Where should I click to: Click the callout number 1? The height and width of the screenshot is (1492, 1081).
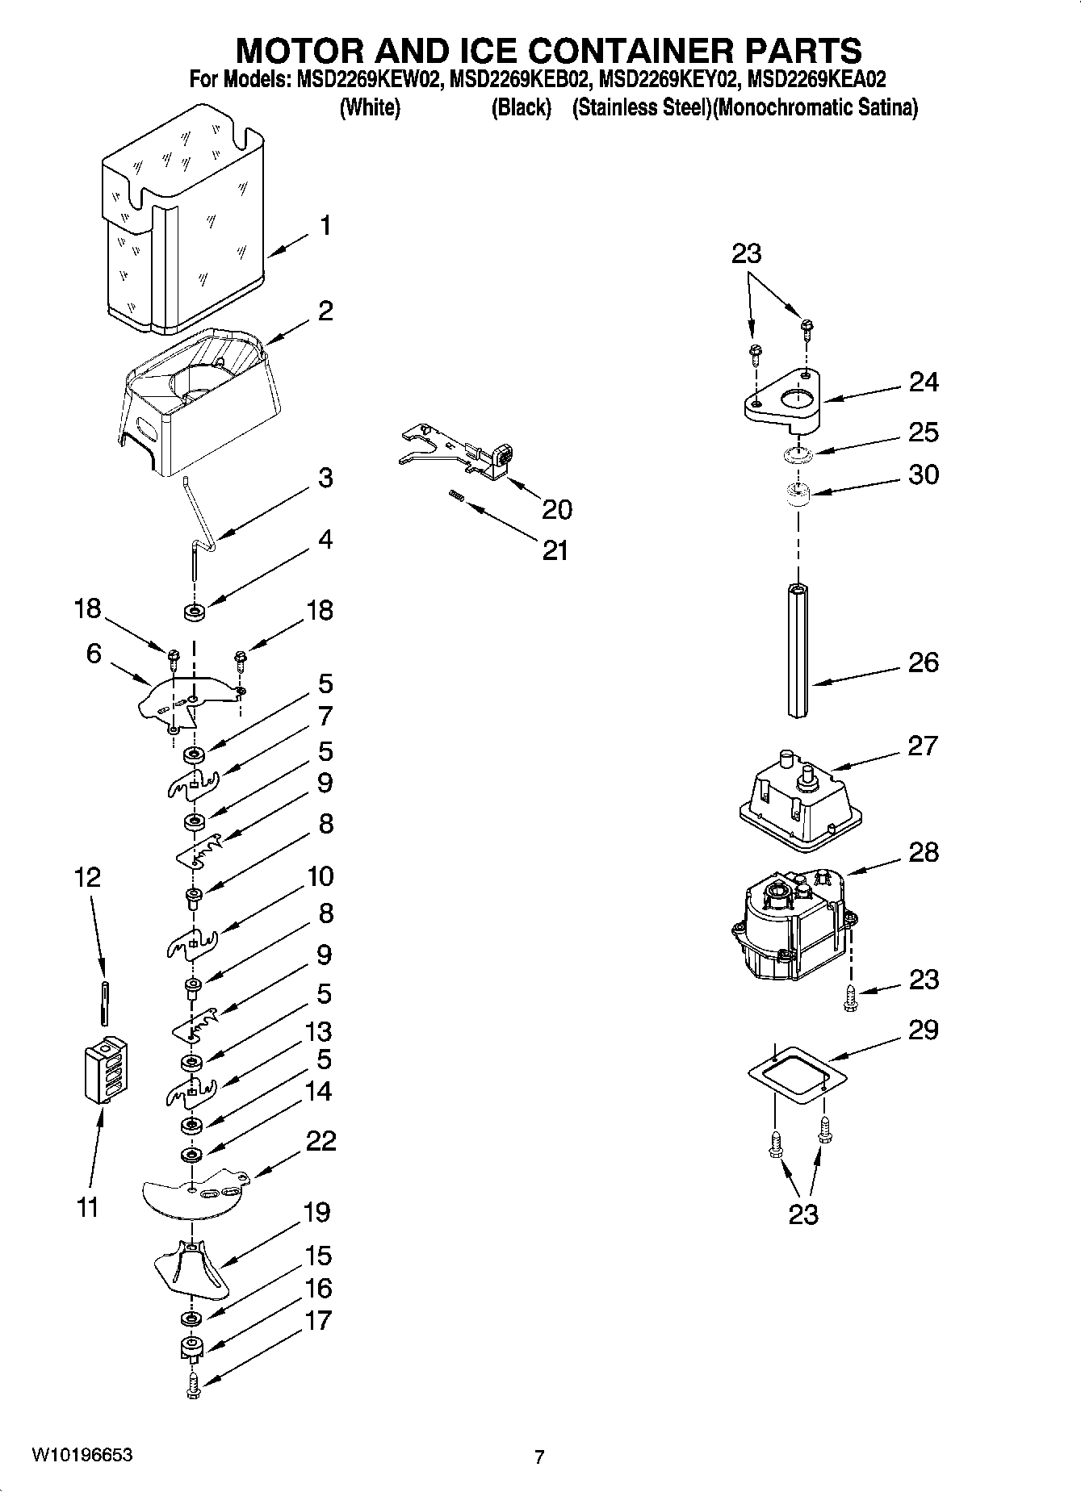click(x=325, y=226)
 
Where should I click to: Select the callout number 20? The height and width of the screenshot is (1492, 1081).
click(x=556, y=509)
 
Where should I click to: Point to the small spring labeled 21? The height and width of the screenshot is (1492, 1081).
click(x=456, y=497)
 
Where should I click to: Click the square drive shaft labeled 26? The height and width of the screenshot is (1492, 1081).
click(x=798, y=650)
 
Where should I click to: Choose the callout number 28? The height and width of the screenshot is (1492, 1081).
click(x=924, y=852)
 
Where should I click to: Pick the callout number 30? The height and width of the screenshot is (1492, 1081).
click(x=924, y=474)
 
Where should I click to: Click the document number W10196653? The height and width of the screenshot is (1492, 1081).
click(x=82, y=1454)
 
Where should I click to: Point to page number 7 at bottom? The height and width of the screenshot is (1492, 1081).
click(x=539, y=1456)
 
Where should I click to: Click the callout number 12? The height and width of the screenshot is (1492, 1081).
click(x=87, y=877)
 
